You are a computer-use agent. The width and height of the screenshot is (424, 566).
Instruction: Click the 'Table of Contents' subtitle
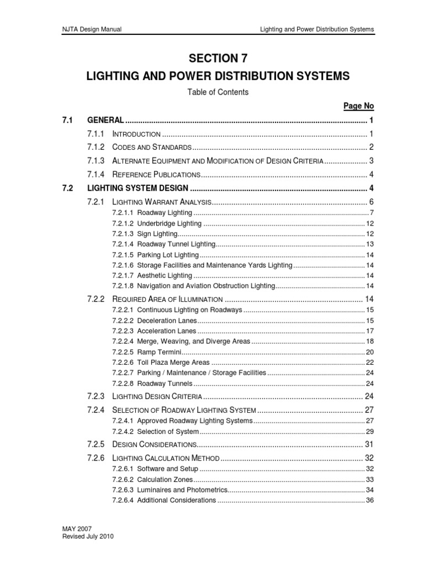click(x=218, y=92)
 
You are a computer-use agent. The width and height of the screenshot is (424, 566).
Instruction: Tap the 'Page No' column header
click(x=359, y=106)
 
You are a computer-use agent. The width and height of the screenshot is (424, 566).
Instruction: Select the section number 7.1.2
click(x=96, y=147)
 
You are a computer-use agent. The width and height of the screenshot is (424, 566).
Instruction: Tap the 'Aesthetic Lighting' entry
click(x=164, y=275)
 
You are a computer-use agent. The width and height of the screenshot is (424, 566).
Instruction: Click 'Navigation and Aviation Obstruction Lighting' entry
click(x=205, y=286)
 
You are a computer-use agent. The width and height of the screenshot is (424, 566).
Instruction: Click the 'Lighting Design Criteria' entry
click(x=158, y=397)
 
